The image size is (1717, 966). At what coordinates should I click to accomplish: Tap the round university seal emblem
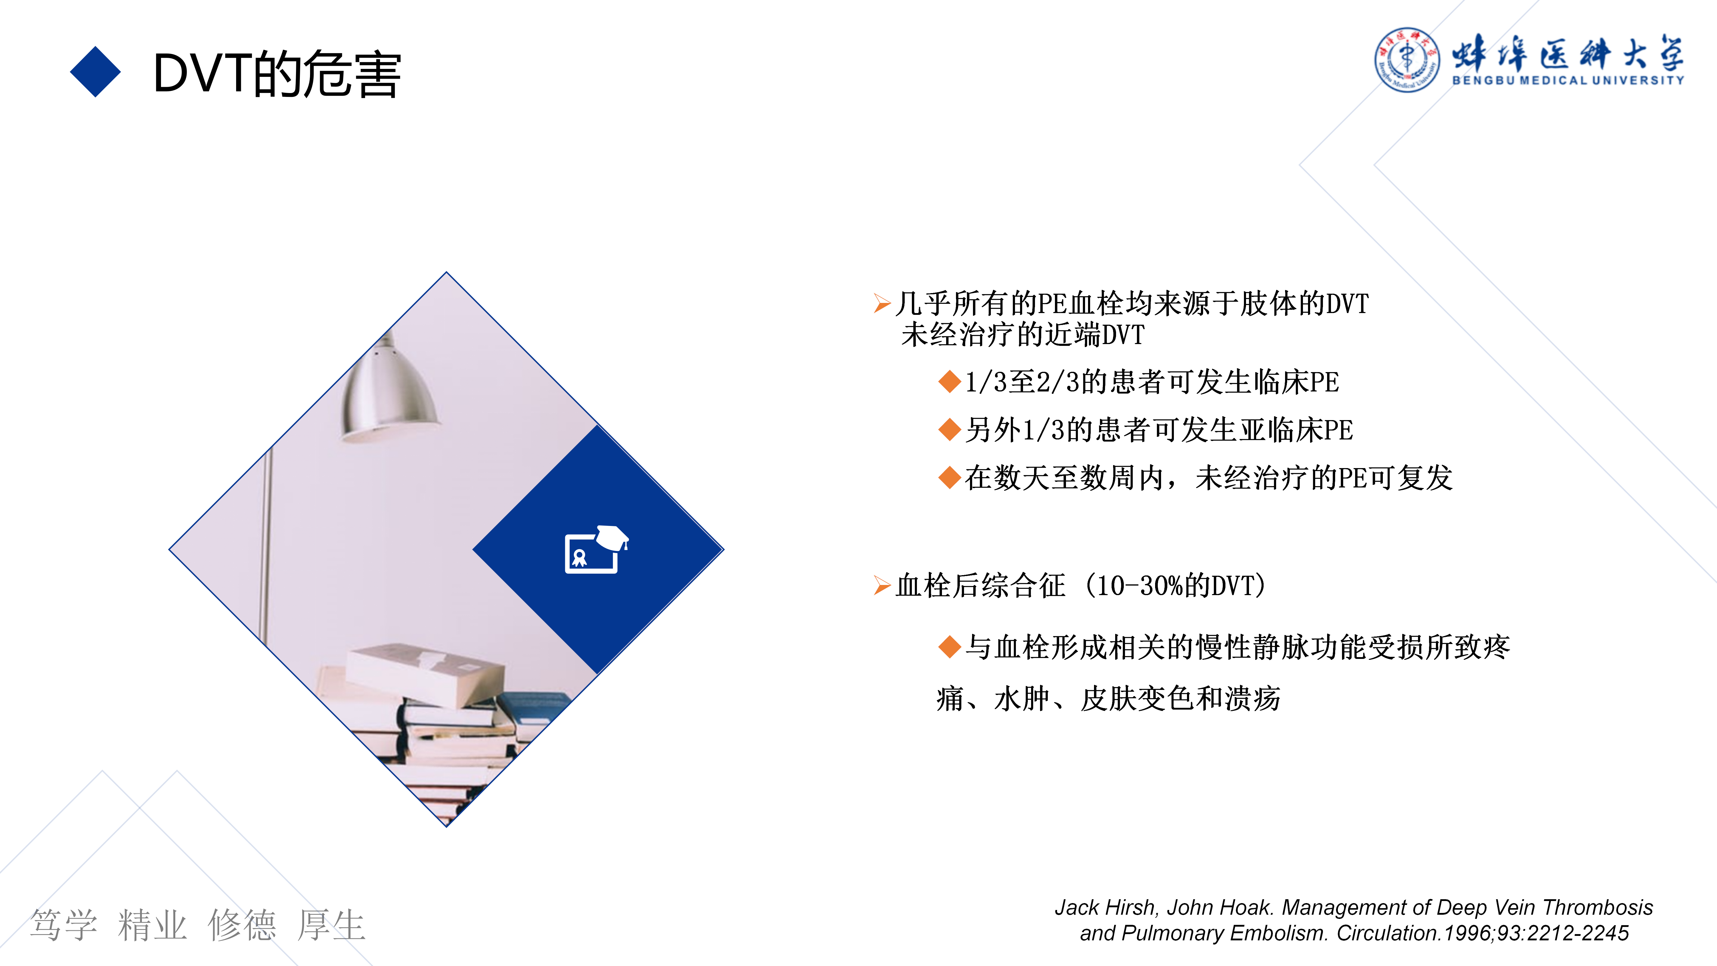click(x=1406, y=59)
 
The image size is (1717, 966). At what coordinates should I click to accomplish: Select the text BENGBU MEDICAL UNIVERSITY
click(x=1568, y=80)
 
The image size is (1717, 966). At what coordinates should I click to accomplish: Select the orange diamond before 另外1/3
click(x=949, y=429)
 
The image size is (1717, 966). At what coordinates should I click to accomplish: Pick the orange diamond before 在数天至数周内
click(x=949, y=477)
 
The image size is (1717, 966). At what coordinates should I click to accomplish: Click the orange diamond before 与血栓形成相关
click(x=949, y=647)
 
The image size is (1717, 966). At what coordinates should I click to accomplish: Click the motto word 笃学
click(x=64, y=925)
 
